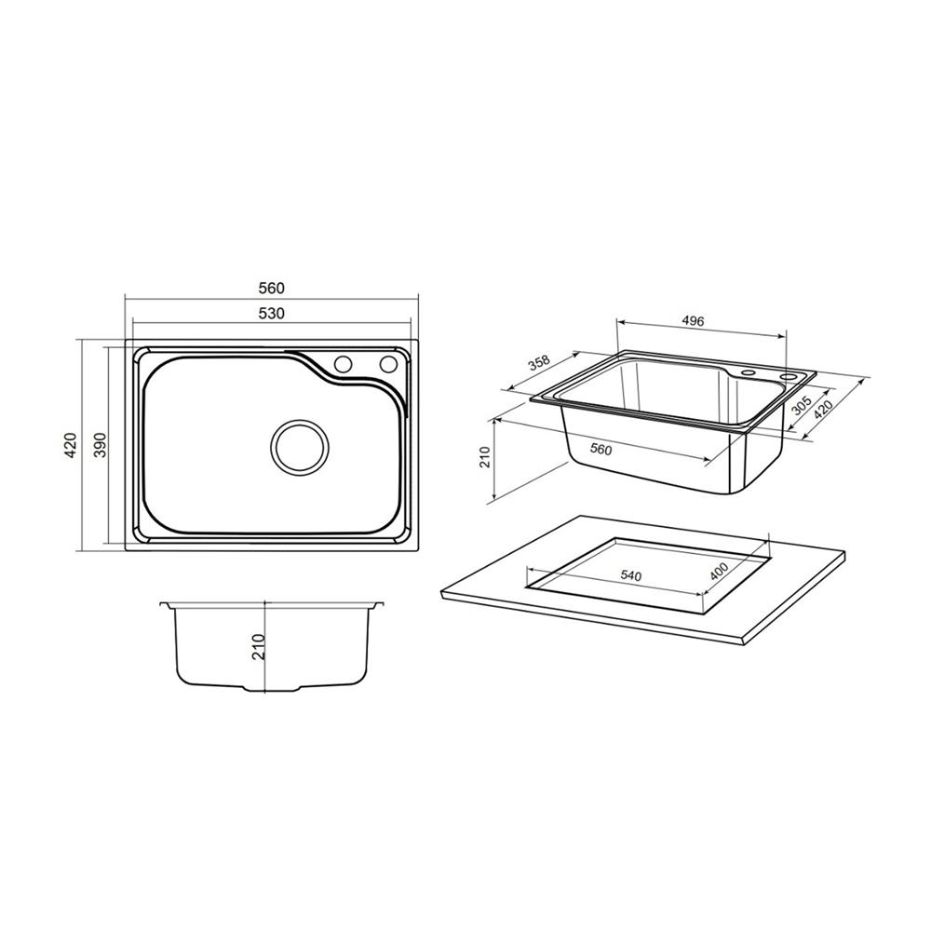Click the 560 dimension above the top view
[x=271, y=288]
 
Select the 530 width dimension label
[x=271, y=313]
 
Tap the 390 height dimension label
[x=101, y=444]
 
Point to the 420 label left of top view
[x=71, y=445]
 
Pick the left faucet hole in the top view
[x=343, y=363]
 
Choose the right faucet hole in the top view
[x=388, y=363]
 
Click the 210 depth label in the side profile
[x=258, y=647]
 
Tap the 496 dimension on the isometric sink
[x=693, y=321]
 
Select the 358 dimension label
[x=540, y=363]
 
